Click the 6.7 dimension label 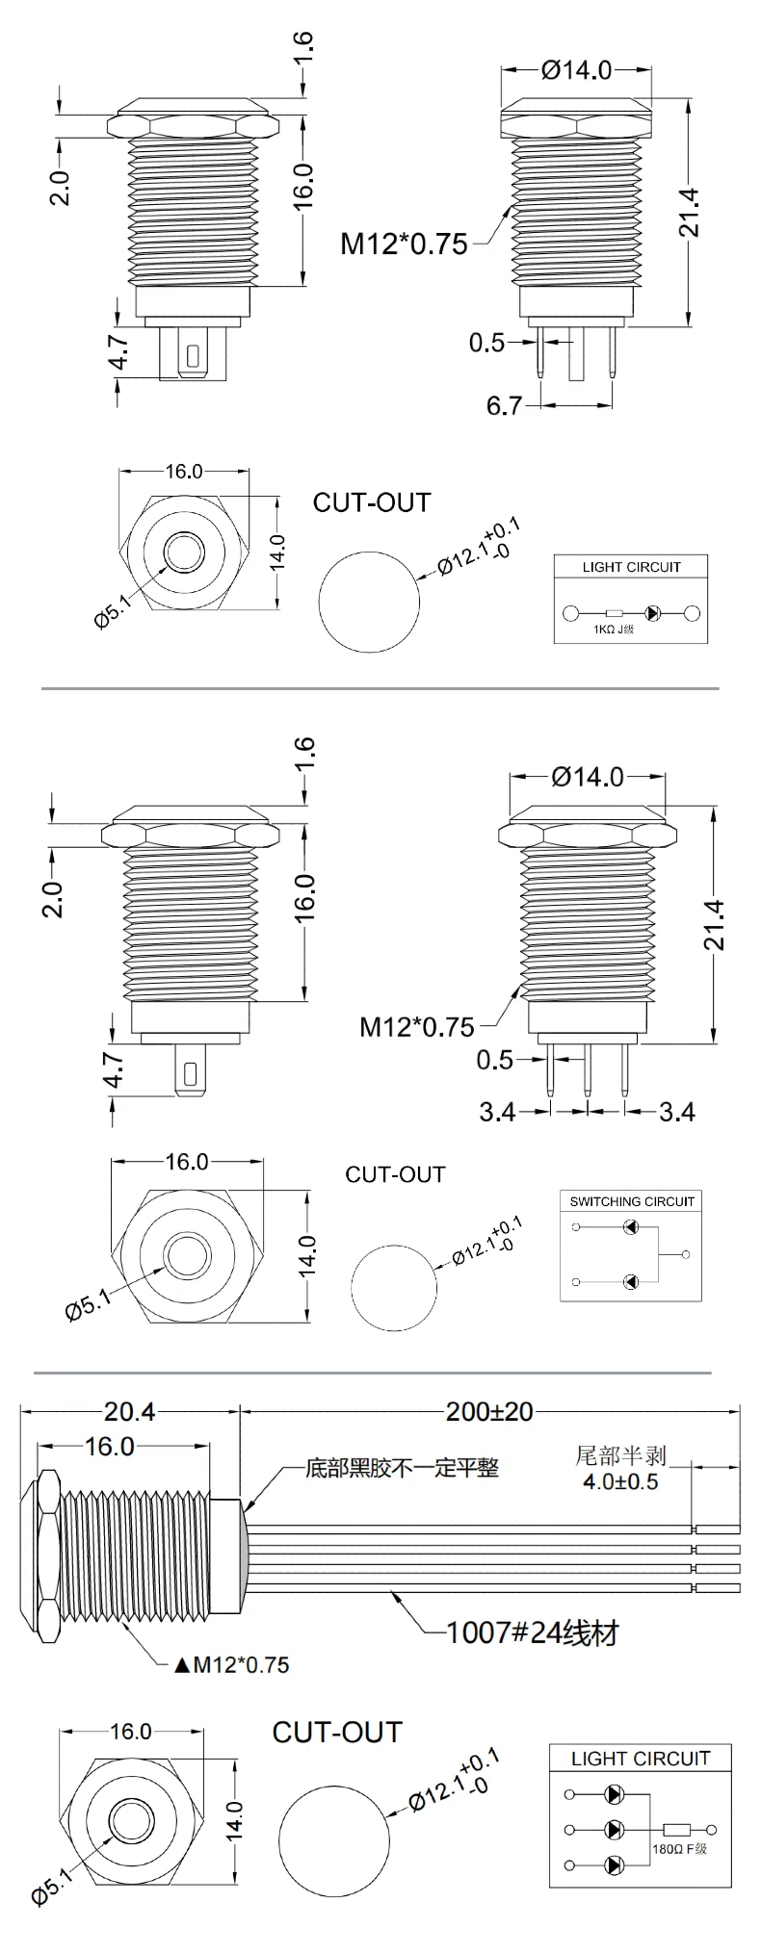pos(503,405)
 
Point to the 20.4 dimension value pos(129,1411)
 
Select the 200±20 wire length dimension pos(488,1411)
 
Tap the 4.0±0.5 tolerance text pos(620,1481)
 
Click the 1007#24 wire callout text pos(533,1633)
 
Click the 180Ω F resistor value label pos(679,1848)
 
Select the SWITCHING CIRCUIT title pos(632,1201)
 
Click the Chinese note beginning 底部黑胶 pos(402,1468)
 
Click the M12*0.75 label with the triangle pos(231,1664)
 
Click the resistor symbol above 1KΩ pos(614,613)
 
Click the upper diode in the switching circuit pos(630,1227)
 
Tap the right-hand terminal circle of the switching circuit pos(685,1254)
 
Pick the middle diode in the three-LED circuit pos(614,1829)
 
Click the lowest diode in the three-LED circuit pos(614,1865)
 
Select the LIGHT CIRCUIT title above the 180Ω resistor pos(640,1759)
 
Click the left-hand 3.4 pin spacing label pos(498,1112)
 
